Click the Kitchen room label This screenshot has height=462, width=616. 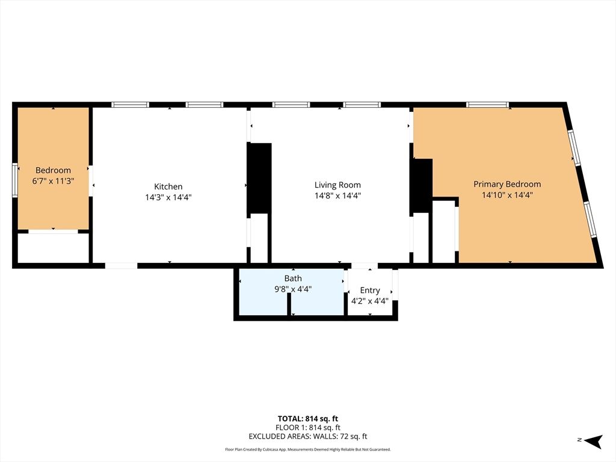click(168, 186)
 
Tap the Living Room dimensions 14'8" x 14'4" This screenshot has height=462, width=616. click(337, 196)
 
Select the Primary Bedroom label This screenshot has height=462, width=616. click(507, 184)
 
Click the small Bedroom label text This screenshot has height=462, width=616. click(53, 170)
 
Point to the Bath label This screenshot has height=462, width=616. click(293, 279)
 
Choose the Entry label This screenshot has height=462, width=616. click(369, 291)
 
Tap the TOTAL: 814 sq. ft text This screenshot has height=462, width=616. click(307, 419)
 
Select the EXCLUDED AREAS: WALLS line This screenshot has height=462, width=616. click(307, 437)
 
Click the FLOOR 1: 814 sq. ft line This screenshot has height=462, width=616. click(307, 428)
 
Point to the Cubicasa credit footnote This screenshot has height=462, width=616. click(307, 449)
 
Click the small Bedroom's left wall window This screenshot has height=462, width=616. click(15, 180)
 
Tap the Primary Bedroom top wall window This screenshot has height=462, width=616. click(488, 105)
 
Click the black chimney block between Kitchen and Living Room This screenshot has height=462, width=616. click(259, 178)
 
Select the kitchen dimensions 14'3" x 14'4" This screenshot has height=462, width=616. click(168, 196)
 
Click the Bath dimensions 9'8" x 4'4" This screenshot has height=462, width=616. click(293, 289)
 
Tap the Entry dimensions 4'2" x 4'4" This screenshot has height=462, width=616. click(369, 301)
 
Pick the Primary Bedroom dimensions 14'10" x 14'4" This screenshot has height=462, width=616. click(507, 195)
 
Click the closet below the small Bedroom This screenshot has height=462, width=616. click(53, 248)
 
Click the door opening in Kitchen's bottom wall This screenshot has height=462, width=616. click(121, 265)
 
